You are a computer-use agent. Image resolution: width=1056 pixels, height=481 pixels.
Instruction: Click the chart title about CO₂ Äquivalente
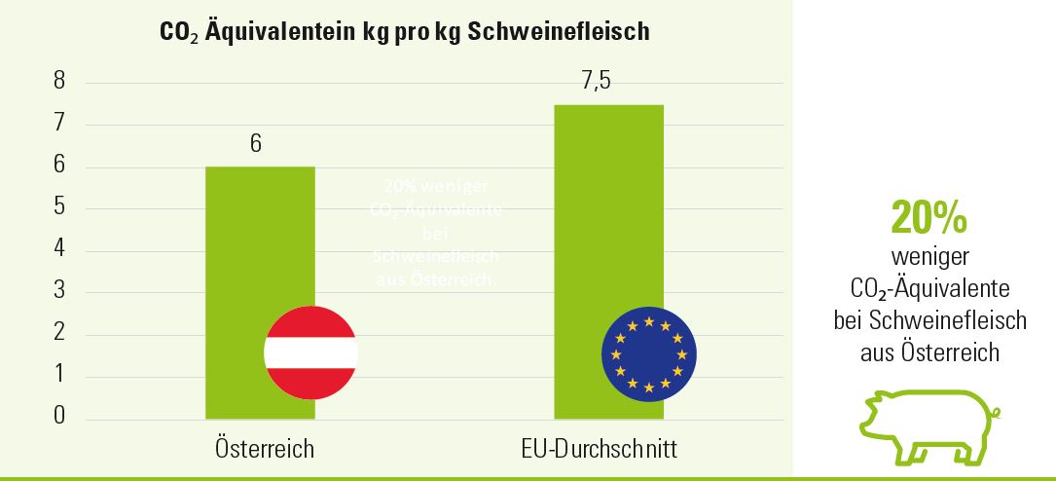[404, 31]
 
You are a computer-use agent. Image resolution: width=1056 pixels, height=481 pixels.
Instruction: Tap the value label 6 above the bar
[256, 144]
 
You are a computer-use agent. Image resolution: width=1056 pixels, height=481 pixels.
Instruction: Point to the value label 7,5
[596, 82]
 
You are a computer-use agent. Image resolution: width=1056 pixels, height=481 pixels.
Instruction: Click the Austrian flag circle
[311, 352]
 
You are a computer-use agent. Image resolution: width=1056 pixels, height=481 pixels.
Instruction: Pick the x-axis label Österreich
[265, 449]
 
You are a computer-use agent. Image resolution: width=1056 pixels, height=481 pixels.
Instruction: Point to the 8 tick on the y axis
[59, 82]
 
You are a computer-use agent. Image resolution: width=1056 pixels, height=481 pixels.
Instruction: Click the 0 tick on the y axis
[59, 417]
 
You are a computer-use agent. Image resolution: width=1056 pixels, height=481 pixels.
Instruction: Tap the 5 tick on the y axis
[59, 207]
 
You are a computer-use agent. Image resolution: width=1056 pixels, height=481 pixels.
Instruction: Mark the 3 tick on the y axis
[59, 291]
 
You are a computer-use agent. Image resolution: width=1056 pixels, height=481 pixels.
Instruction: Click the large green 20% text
[929, 220]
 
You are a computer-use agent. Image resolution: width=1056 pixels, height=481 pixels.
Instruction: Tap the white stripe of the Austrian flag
[311, 352]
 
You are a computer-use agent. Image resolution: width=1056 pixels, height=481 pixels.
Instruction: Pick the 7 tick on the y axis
[59, 124]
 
